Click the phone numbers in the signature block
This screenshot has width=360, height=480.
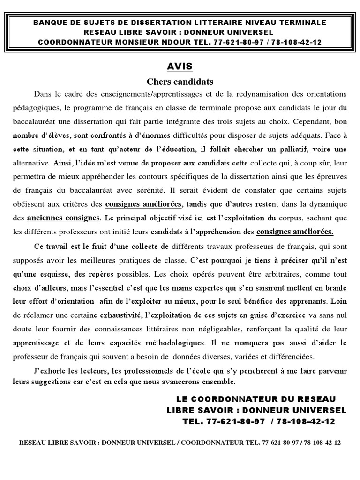(x=259, y=421)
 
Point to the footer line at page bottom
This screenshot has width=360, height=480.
(x=180, y=442)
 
